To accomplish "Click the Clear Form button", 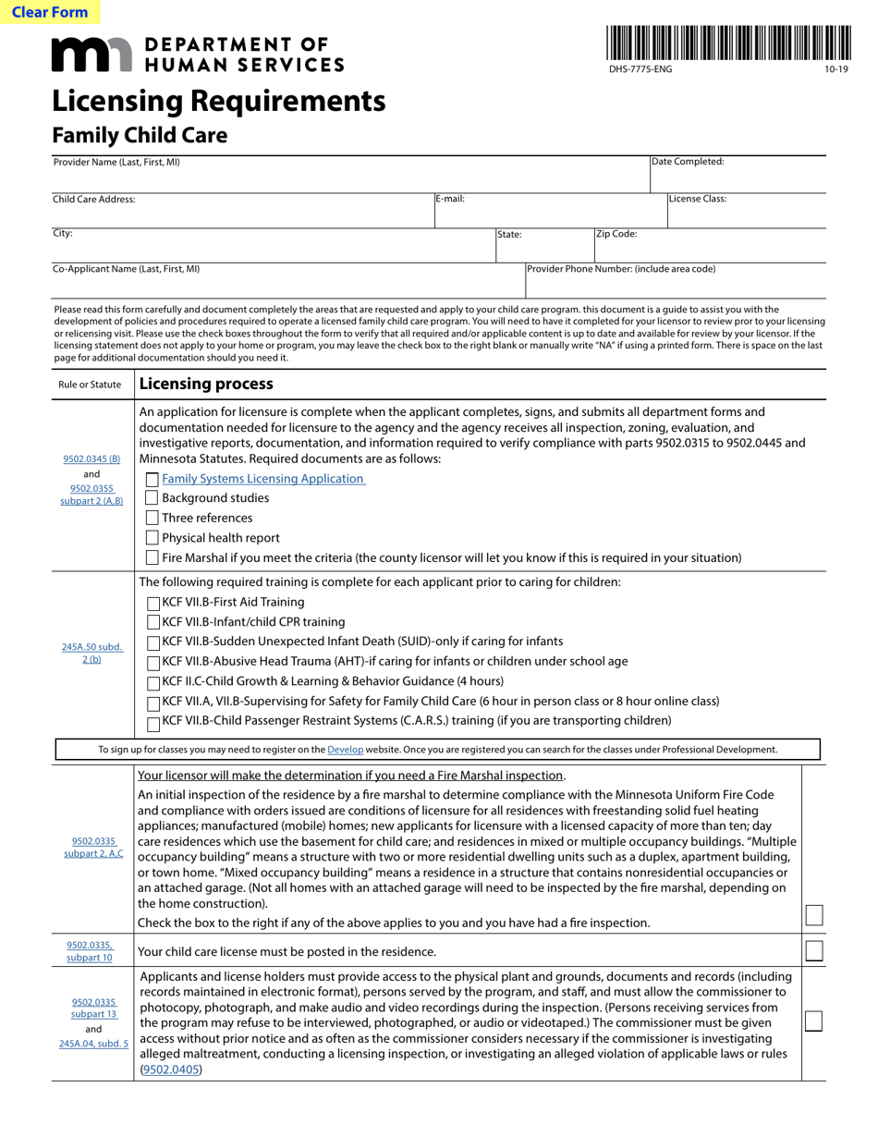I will click(50, 12).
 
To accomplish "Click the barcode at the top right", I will click(728, 43).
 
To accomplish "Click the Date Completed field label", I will click(689, 162).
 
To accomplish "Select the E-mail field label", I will click(451, 199).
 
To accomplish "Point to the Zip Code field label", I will click(616, 234).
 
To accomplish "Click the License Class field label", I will click(698, 199).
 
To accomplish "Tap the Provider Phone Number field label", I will click(621, 269).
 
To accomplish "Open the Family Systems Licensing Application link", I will click(263, 479).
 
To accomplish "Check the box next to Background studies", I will click(152, 498).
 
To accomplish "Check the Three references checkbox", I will click(152, 518).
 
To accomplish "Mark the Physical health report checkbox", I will click(152, 538).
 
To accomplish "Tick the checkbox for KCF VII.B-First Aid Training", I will click(153, 603).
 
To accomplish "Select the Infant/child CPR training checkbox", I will click(153, 622).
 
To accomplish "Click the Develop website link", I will click(345, 750).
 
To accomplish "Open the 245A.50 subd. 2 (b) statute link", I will click(91, 653).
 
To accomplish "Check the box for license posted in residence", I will click(813, 951).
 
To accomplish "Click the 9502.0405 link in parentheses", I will click(171, 1070).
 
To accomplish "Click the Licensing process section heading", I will click(206, 384).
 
